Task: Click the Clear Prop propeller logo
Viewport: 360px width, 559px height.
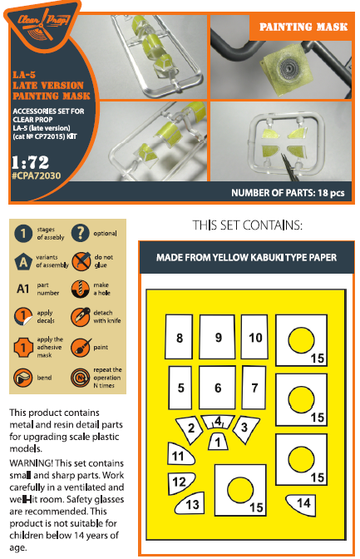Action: point(42,25)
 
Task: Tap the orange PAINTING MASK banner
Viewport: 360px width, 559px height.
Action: point(302,27)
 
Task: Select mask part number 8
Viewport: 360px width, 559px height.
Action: point(179,337)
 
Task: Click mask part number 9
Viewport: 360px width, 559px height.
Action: point(218,337)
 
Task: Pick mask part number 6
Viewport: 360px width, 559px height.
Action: point(218,388)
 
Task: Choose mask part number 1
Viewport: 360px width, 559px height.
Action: point(218,442)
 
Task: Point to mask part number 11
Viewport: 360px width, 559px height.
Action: point(180,454)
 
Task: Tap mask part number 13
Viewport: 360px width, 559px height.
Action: point(190,503)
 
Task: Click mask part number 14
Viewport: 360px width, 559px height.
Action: point(302,504)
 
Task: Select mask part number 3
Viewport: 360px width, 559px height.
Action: point(245,428)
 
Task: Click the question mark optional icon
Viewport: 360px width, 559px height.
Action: point(80,233)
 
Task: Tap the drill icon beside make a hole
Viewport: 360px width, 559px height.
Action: point(80,289)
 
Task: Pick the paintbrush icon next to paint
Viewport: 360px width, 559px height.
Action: point(81,348)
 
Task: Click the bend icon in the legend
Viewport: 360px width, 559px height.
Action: point(22,378)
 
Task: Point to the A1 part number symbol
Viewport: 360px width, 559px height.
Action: point(22,289)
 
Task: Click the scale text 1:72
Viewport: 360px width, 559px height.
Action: point(30,162)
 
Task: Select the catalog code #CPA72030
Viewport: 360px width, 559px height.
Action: point(37,176)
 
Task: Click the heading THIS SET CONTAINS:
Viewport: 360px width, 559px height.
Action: point(248,225)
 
